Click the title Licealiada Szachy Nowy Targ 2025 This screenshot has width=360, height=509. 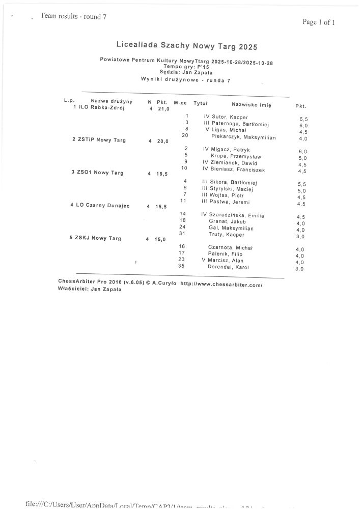click(187, 47)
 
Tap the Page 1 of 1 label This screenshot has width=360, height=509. click(319, 22)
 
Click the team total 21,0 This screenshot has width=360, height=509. click(163, 109)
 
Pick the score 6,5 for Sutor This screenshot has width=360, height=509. click(303, 118)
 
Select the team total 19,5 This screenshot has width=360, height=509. click(161, 174)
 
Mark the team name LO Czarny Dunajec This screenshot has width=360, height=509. click(102, 205)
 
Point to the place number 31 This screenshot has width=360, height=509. click(182, 233)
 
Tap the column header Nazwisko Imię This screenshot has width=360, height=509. click(251, 104)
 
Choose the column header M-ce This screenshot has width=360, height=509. click(180, 102)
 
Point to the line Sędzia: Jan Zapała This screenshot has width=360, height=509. click(186, 72)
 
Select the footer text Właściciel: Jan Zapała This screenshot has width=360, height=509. click(90, 289)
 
